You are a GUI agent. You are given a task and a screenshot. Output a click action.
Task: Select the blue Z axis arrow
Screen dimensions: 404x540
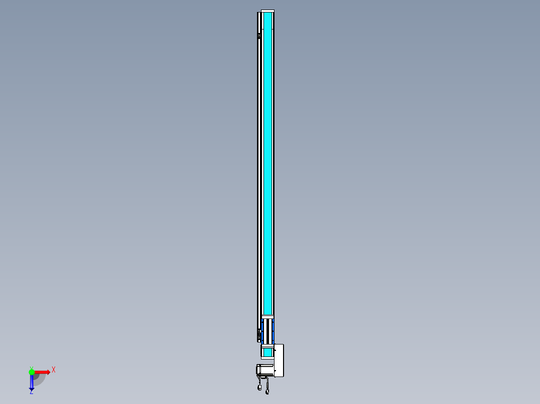(32, 383)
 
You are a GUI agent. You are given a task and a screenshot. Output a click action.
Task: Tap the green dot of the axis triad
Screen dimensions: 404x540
(32, 372)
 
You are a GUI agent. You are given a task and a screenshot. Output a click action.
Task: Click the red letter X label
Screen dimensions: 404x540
(54, 369)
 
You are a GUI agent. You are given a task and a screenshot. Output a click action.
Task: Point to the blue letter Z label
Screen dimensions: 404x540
(31, 392)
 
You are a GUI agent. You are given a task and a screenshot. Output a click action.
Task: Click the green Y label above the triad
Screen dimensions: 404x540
(31, 367)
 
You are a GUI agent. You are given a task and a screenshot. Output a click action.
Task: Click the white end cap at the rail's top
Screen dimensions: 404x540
(267, 11)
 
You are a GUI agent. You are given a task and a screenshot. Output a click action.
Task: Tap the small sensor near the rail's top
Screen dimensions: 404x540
(259, 35)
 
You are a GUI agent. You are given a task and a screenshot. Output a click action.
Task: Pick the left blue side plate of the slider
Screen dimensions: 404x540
(262, 330)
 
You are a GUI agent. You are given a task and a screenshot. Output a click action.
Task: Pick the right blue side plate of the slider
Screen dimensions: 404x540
(273, 330)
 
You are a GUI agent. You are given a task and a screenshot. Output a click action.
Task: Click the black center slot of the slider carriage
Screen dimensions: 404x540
(268, 330)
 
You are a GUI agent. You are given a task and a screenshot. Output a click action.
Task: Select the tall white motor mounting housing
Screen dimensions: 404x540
(279, 360)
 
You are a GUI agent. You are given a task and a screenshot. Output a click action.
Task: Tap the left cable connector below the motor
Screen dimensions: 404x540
(259, 388)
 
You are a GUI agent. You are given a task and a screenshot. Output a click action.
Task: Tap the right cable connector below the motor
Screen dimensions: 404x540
(267, 391)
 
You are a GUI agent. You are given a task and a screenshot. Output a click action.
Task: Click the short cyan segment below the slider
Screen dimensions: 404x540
(267, 352)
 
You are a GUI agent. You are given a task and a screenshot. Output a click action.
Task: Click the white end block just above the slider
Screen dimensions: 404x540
(268, 316)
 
